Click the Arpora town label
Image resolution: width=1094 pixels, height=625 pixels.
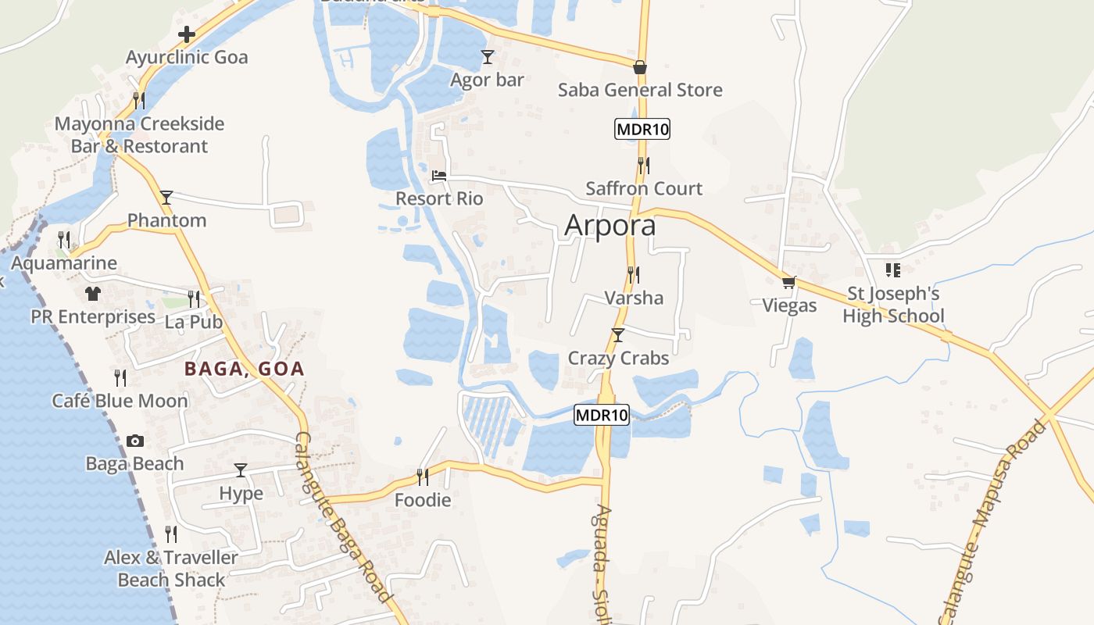point(610,225)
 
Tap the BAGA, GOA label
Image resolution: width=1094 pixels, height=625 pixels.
point(244,370)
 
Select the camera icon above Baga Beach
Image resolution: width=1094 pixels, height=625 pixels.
point(135,441)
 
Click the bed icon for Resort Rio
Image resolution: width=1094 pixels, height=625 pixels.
point(439,176)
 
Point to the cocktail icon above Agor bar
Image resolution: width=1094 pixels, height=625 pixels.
point(488,56)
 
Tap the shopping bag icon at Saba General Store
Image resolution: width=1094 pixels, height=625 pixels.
point(640,67)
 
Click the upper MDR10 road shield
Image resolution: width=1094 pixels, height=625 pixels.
point(642,129)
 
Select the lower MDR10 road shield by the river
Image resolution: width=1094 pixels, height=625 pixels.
point(602,415)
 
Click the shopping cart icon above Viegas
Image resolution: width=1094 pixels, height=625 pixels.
point(789,282)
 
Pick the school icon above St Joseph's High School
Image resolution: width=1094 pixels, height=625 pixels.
point(893,270)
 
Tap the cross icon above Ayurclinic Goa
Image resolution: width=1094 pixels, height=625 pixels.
point(187,34)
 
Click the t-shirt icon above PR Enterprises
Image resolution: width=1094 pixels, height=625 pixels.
point(93,294)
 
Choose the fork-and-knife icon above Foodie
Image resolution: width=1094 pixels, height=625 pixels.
point(422,476)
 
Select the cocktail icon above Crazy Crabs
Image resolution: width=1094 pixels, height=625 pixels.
point(618,335)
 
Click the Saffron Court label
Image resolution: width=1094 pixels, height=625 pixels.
point(644,188)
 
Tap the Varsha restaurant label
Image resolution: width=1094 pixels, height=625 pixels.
point(634,298)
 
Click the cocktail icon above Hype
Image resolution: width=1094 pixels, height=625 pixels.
point(241,470)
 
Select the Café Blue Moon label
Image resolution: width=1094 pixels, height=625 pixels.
point(120,401)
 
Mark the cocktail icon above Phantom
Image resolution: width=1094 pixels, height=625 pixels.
point(166,197)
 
